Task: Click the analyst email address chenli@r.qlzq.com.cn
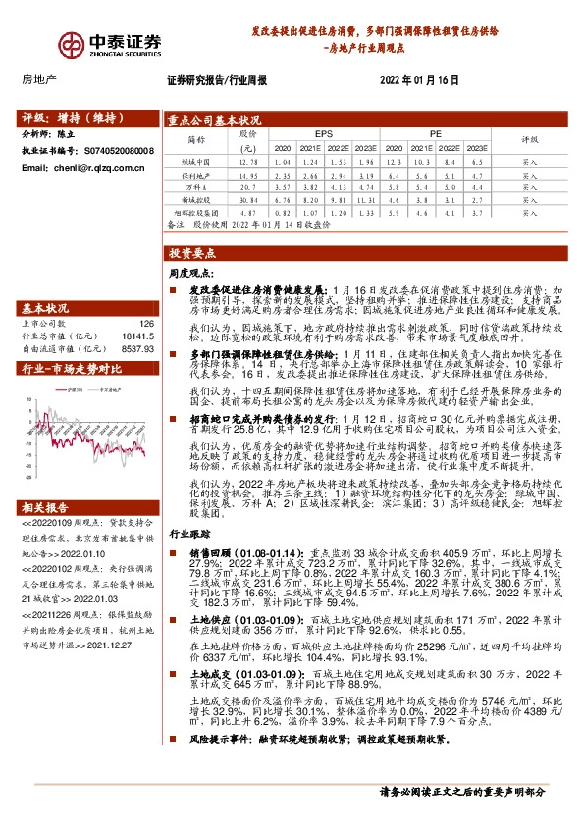pyautogui.click(x=82, y=168)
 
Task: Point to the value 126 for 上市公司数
pyautogui.click(x=147, y=322)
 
